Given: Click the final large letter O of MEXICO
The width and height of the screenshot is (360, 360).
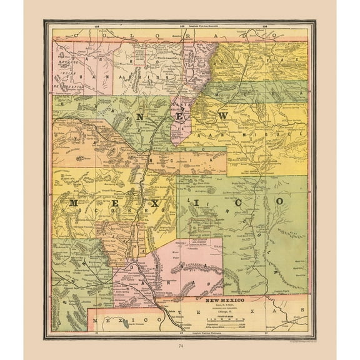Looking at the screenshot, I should (281, 201).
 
